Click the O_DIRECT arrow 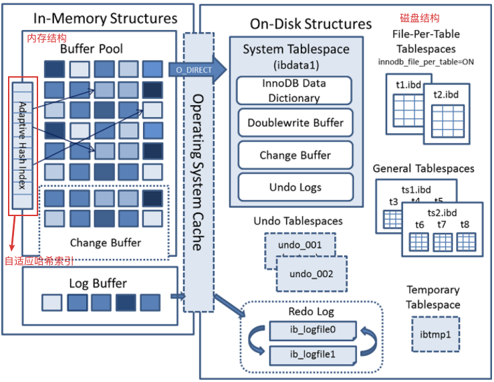click(x=197, y=70)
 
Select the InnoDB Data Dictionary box click(x=294, y=90)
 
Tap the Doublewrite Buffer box click(x=295, y=122)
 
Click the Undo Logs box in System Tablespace click(x=295, y=187)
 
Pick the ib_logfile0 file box click(x=313, y=330)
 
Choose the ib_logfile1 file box click(x=313, y=355)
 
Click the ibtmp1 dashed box click(x=435, y=335)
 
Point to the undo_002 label click(x=312, y=274)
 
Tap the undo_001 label click(x=299, y=245)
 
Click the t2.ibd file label click(x=446, y=94)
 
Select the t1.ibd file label click(x=408, y=85)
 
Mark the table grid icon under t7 click(x=443, y=242)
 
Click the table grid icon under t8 click(x=466, y=242)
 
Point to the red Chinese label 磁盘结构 click(x=419, y=18)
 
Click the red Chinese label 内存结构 click(x=47, y=38)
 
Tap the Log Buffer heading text click(x=98, y=284)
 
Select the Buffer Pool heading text click(x=92, y=49)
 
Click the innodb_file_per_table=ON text click(x=426, y=62)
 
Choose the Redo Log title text click(x=312, y=311)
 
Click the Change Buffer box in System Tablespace click(x=295, y=155)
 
